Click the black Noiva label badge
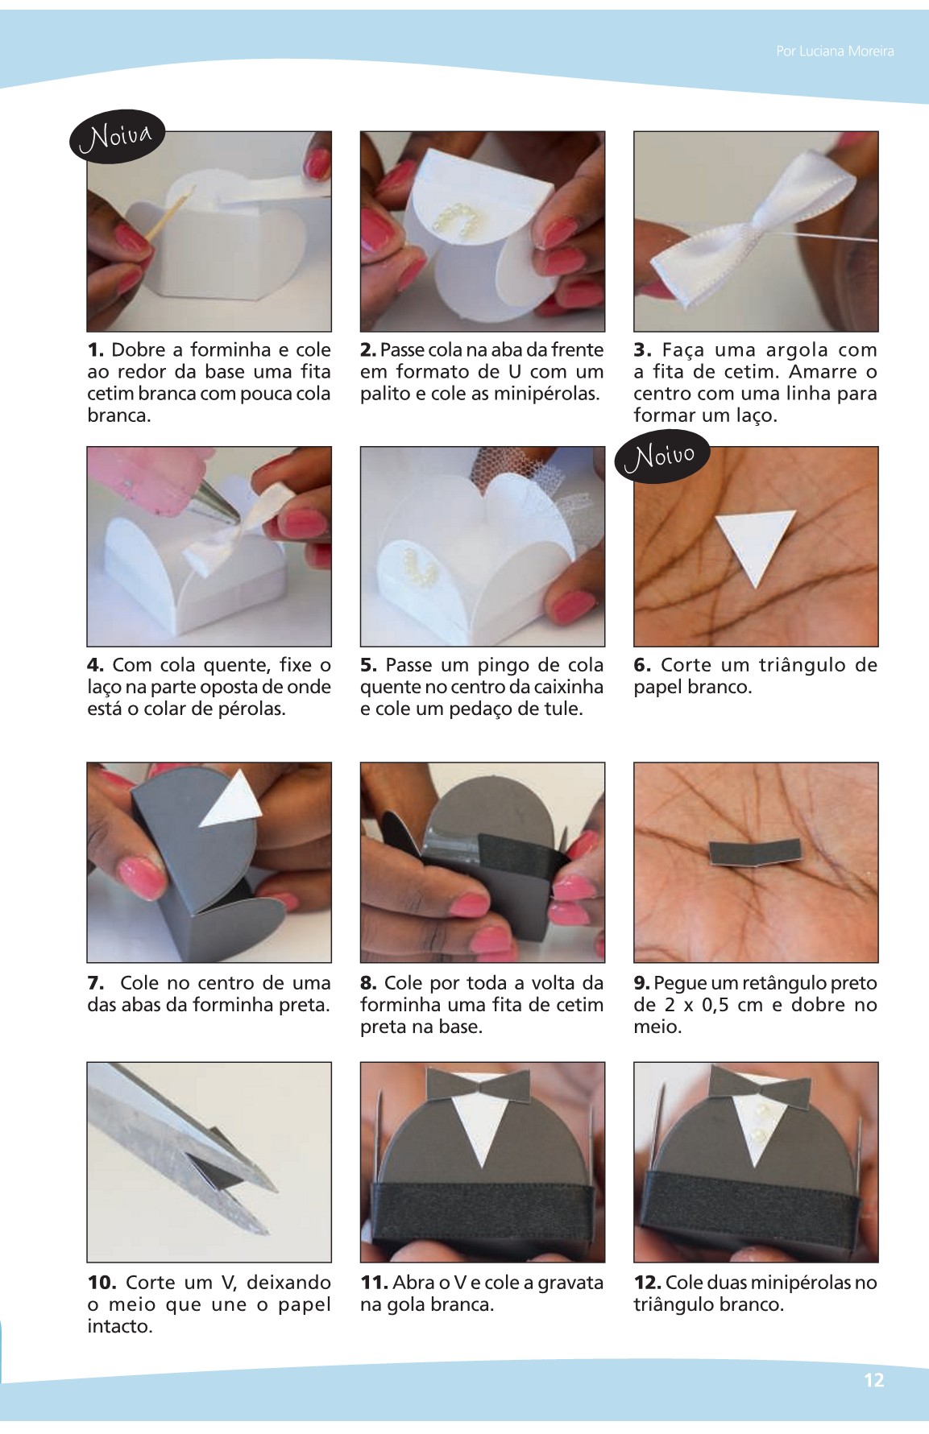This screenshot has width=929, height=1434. tap(118, 135)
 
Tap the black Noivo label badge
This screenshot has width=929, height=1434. tap(662, 456)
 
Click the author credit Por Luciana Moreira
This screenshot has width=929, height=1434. tap(835, 51)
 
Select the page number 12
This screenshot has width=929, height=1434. tap(873, 1380)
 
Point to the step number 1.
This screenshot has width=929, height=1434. tap(96, 350)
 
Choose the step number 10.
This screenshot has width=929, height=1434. tap(102, 1283)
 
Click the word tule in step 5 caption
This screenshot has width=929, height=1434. tap(562, 709)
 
